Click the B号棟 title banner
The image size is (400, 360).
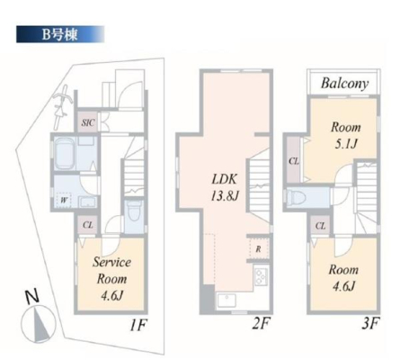(x=60, y=34)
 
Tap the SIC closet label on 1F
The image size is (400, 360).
(x=88, y=122)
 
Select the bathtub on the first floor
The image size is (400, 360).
(x=65, y=154)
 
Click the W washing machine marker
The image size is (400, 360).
(x=64, y=200)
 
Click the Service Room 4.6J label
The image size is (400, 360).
(x=111, y=279)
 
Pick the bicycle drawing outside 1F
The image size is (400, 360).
(x=62, y=107)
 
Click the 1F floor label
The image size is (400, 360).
(x=138, y=325)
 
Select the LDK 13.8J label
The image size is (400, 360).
(x=225, y=187)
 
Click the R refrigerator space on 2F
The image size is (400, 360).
(x=258, y=248)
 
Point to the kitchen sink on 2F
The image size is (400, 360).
(x=227, y=301)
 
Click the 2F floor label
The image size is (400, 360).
(x=261, y=324)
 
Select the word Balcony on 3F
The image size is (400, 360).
(x=344, y=83)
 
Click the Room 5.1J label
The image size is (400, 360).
(x=345, y=136)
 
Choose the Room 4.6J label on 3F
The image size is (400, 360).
(x=343, y=278)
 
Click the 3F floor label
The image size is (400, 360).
(x=370, y=323)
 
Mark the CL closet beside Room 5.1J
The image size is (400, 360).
(x=294, y=160)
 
